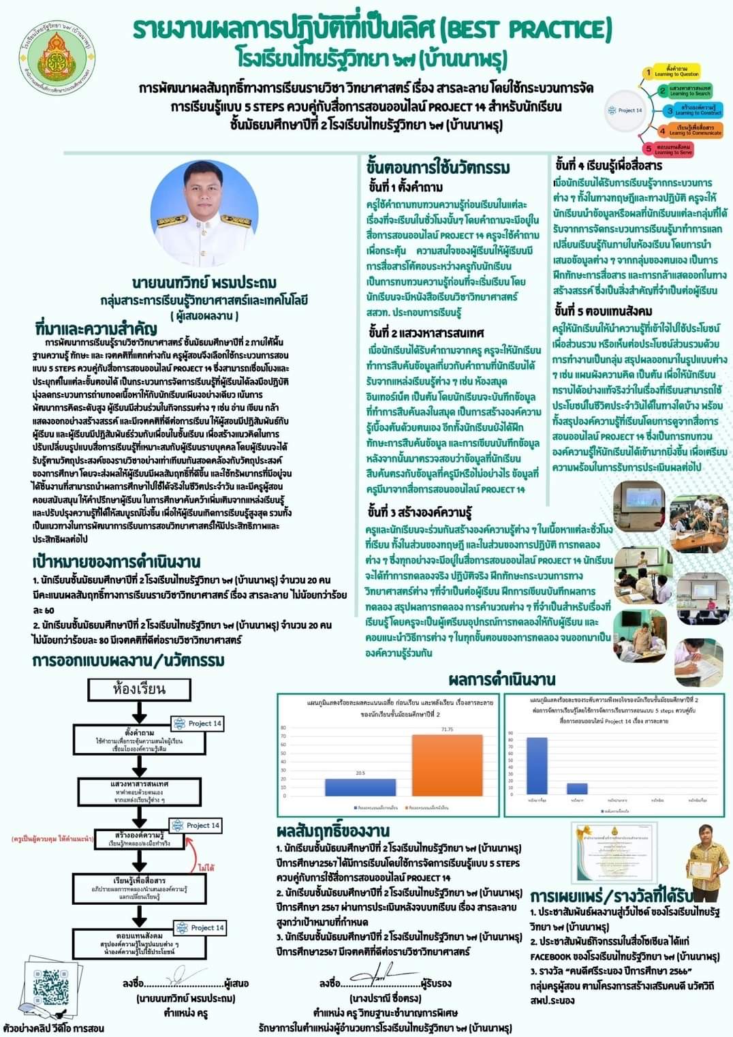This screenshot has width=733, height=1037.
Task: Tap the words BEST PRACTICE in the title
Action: (x=526, y=29)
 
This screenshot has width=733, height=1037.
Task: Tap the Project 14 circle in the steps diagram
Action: (x=629, y=110)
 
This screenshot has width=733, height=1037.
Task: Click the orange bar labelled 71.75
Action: (x=447, y=764)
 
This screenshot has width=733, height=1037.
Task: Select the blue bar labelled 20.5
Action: (x=361, y=787)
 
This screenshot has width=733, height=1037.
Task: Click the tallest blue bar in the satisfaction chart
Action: (x=537, y=766)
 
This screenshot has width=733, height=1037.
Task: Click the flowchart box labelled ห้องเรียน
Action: (x=139, y=689)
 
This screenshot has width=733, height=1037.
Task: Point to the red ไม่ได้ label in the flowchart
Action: (x=206, y=868)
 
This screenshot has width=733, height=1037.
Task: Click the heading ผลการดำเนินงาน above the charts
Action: (x=502, y=679)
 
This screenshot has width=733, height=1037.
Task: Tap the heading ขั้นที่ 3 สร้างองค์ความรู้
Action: (x=420, y=512)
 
